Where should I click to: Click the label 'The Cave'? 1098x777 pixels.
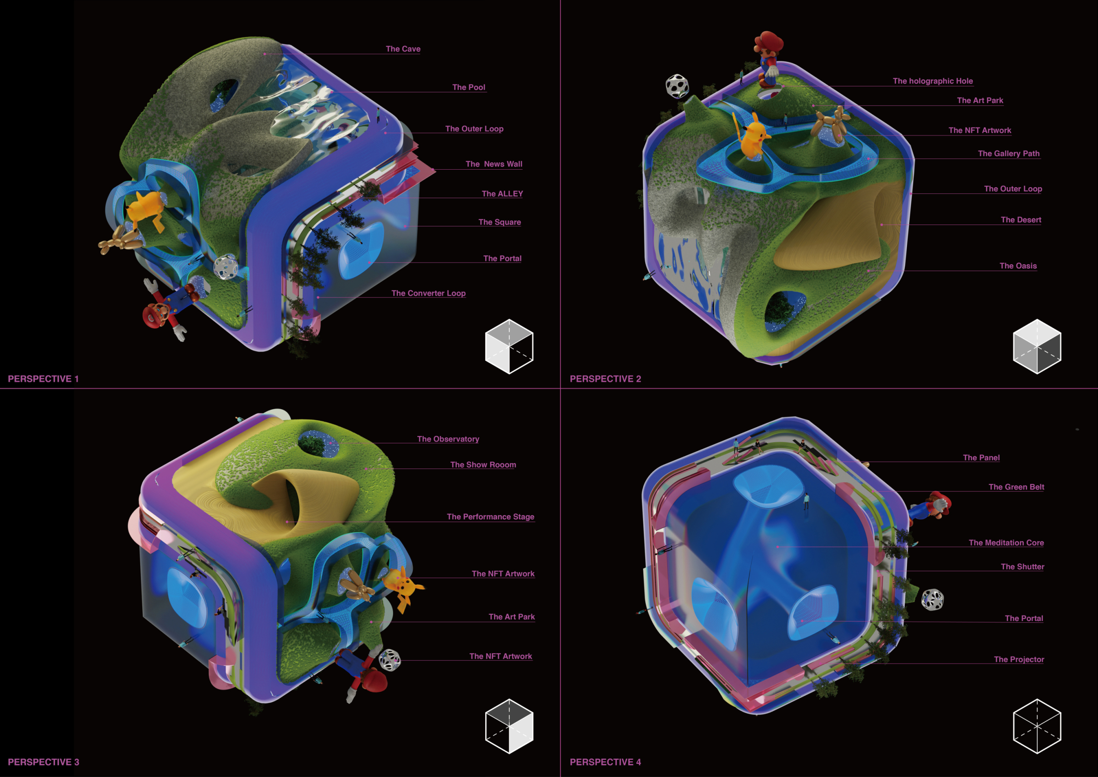click(x=403, y=49)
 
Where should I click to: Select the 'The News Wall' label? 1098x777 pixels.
click(x=494, y=164)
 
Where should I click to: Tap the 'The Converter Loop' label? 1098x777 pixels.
click(x=429, y=293)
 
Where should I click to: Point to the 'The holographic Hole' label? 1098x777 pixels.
click(x=932, y=81)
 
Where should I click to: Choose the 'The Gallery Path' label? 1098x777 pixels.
click(x=1008, y=153)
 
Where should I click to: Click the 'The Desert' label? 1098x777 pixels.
click(x=1021, y=220)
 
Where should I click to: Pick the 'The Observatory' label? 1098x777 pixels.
click(x=448, y=439)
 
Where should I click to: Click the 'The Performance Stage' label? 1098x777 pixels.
click(x=491, y=517)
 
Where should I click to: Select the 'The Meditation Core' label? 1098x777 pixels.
click(x=1006, y=543)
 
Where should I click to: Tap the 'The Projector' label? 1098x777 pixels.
click(x=1019, y=659)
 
